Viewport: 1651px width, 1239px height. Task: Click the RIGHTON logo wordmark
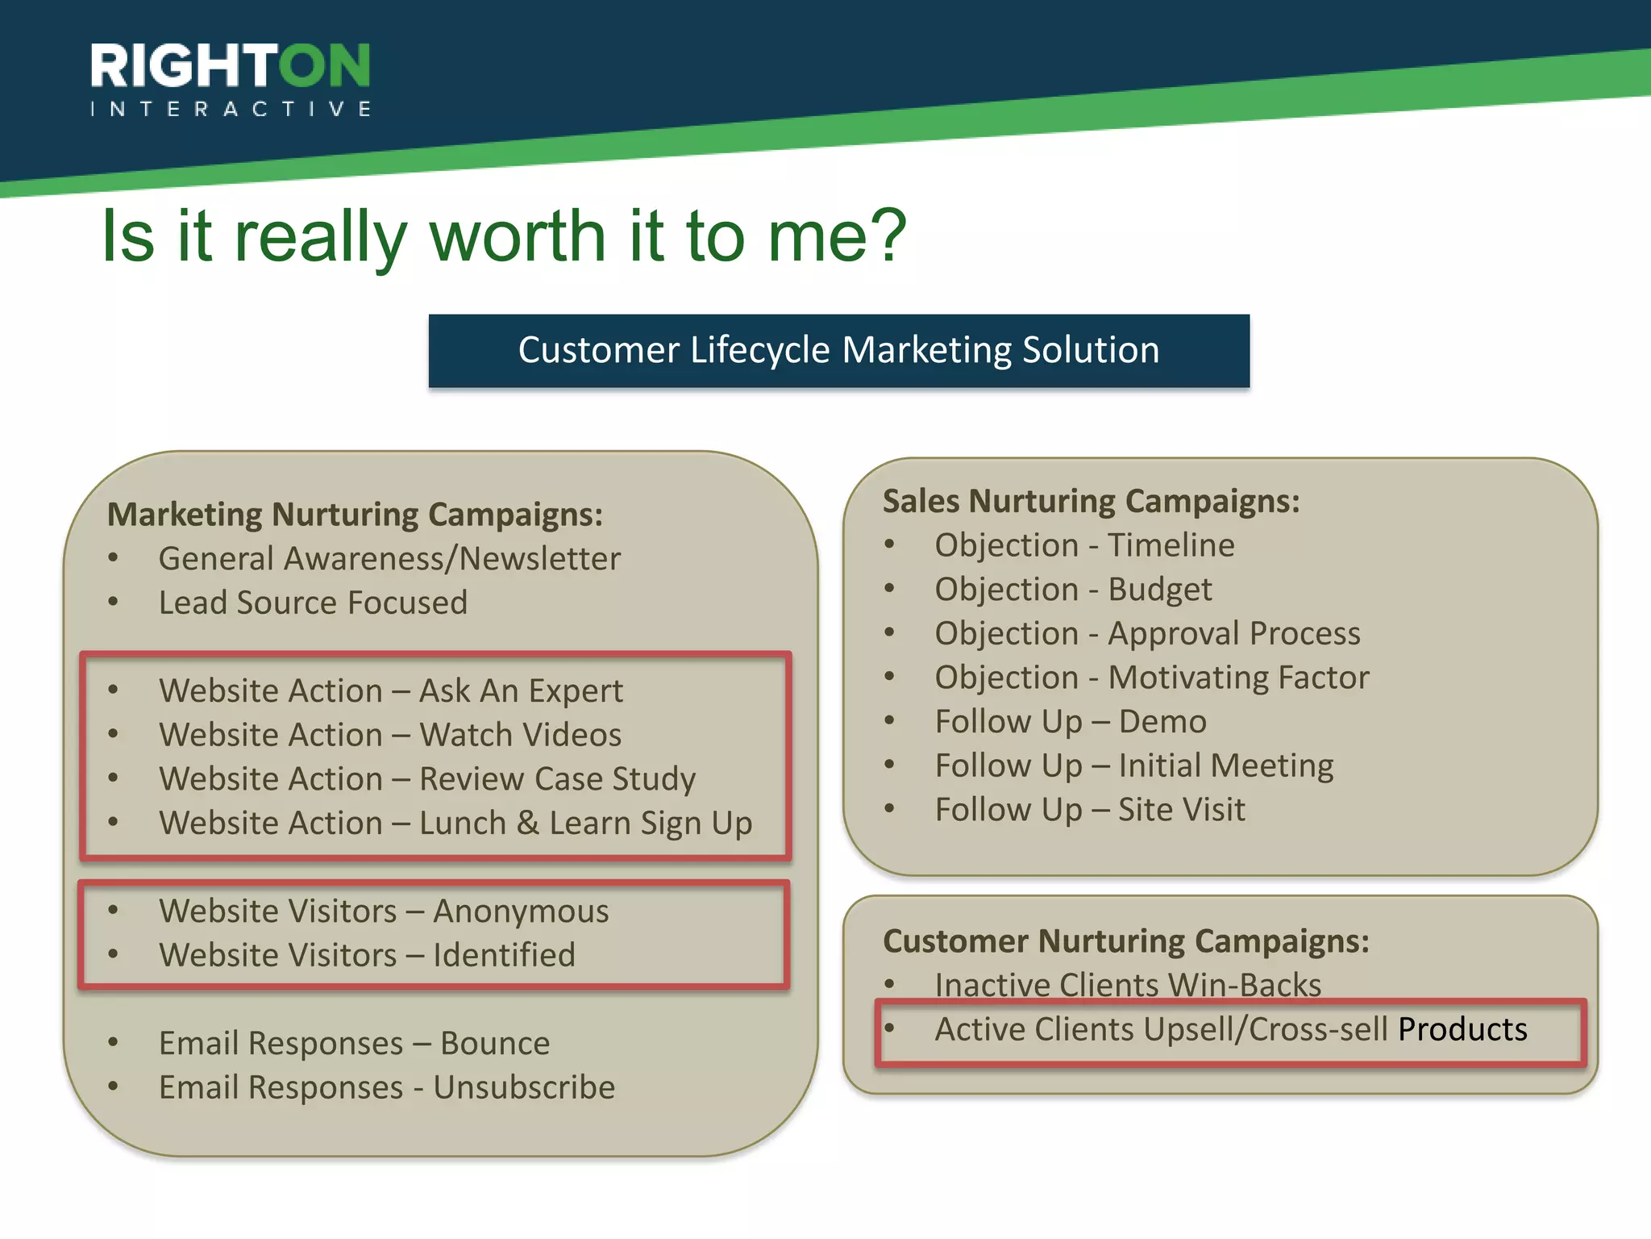(x=231, y=66)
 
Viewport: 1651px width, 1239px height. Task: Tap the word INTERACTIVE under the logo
(x=231, y=109)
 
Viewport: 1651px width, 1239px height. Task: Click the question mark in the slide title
(x=884, y=236)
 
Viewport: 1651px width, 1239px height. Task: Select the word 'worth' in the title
(x=517, y=236)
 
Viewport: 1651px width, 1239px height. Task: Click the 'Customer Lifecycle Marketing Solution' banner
(x=838, y=351)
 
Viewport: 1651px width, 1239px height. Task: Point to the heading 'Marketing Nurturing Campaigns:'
(x=355, y=515)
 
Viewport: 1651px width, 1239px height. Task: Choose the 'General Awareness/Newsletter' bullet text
(x=389, y=559)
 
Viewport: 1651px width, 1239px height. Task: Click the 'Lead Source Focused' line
(x=313, y=603)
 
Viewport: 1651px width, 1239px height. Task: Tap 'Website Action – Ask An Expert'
(x=391, y=691)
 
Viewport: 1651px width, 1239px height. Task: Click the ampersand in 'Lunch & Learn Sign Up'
(x=528, y=824)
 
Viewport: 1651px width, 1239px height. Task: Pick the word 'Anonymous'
(x=521, y=912)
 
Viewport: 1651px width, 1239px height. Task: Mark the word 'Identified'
(x=504, y=956)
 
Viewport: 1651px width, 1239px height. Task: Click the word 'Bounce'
(x=495, y=1044)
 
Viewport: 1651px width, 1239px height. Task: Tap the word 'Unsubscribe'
(x=524, y=1088)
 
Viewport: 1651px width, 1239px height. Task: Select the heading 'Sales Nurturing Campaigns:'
(x=1091, y=501)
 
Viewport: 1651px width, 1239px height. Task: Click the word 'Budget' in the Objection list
(x=1159, y=590)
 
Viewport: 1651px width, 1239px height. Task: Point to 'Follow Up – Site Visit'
(x=1090, y=810)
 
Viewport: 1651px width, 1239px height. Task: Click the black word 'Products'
(x=1462, y=1030)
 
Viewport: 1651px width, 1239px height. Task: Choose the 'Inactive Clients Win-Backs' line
(x=1128, y=986)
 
